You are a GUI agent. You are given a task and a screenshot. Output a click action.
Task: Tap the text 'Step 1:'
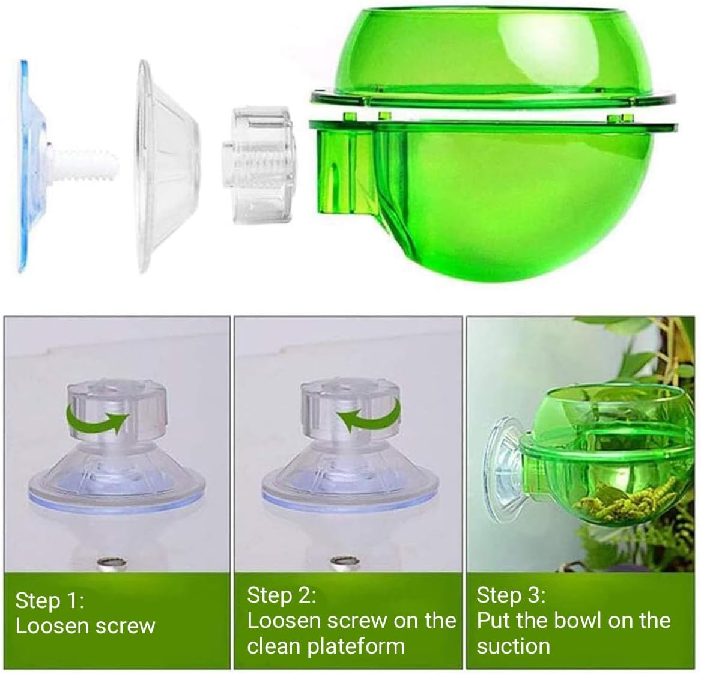click(x=50, y=600)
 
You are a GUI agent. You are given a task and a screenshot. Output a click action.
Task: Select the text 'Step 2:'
click(x=281, y=595)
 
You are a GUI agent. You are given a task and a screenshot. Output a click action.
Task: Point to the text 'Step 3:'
click(x=511, y=595)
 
